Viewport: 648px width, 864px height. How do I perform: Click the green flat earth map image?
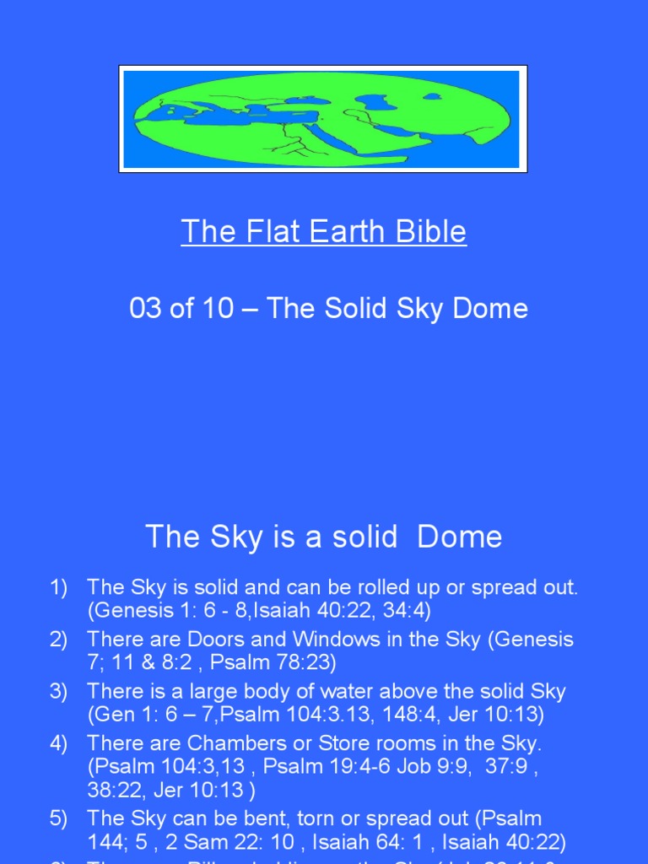click(x=323, y=118)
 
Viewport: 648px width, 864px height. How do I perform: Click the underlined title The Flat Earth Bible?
click(x=323, y=231)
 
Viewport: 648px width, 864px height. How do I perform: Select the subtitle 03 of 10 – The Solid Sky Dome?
click(x=328, y=308)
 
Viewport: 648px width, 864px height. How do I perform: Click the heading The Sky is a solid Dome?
click(x=323, y=537)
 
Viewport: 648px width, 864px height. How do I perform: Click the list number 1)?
click(x=58, y=588)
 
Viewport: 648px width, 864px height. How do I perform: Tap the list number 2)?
click(x=58, y=640)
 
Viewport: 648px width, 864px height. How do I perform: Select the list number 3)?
click(x=58, y=692)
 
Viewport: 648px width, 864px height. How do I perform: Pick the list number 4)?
click(x=58, y=743)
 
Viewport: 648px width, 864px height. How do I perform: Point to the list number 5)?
click(x=58, y=818)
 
